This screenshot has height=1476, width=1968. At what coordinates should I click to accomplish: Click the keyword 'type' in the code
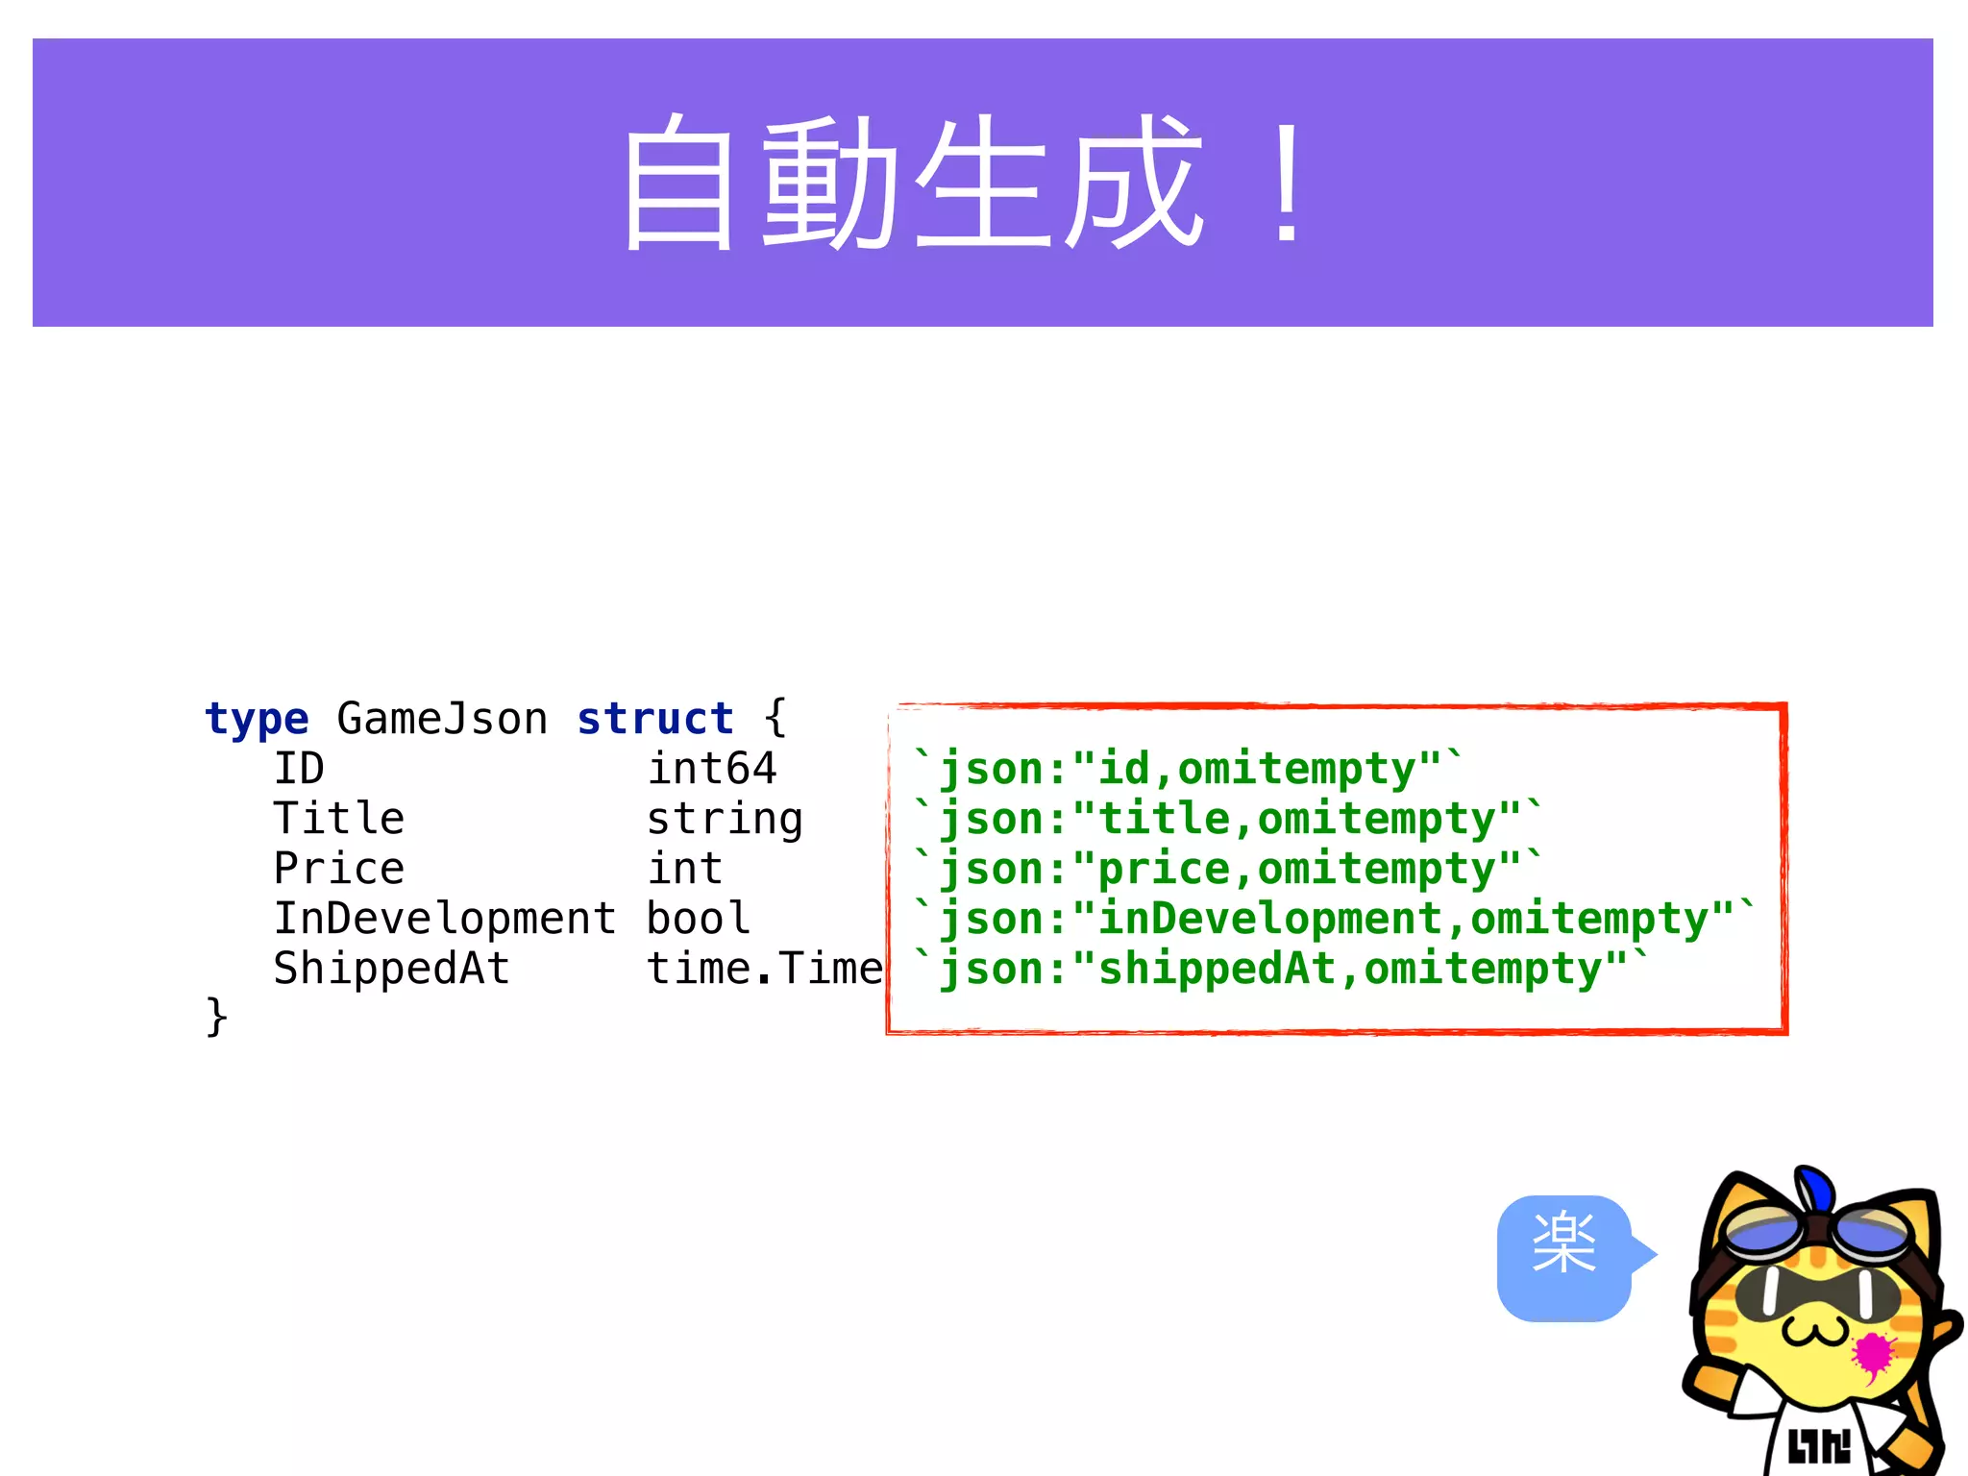point(257,719)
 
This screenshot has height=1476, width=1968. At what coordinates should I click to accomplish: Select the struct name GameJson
point(442,719)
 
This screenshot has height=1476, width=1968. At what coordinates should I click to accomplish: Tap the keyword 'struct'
point(655,719)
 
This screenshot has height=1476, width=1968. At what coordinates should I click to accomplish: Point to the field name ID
point(299,769)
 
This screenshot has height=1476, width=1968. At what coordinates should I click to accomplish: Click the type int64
point(711,769)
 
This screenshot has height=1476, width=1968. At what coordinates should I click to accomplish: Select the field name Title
point(339,819)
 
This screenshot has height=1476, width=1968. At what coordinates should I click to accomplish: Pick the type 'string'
point(725,820)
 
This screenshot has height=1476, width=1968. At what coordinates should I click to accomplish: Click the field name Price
point(339,869)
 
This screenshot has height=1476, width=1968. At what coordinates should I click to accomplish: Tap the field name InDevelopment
point(445,919)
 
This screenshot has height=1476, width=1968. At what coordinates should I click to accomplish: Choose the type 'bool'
point(699,919)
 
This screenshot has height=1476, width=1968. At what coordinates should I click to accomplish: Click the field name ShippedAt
point(391,969)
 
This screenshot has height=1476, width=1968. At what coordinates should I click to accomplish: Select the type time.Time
point(764,969)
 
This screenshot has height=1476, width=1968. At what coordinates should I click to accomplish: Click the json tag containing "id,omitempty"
point(1187,769)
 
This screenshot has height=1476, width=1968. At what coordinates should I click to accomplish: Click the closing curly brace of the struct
point(217,1017)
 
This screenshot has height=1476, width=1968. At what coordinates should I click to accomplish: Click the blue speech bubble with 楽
point(1564,1258)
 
